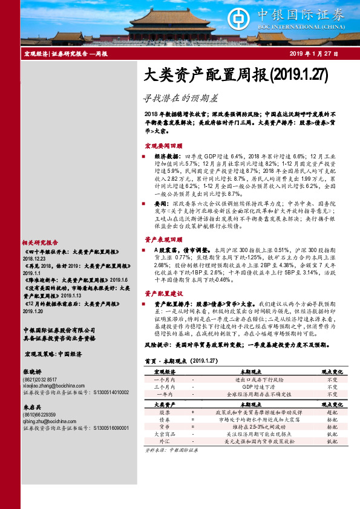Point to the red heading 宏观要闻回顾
tap(163, 146)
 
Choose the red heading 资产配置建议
tap(163, 293)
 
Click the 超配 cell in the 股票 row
tap(332, 411)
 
